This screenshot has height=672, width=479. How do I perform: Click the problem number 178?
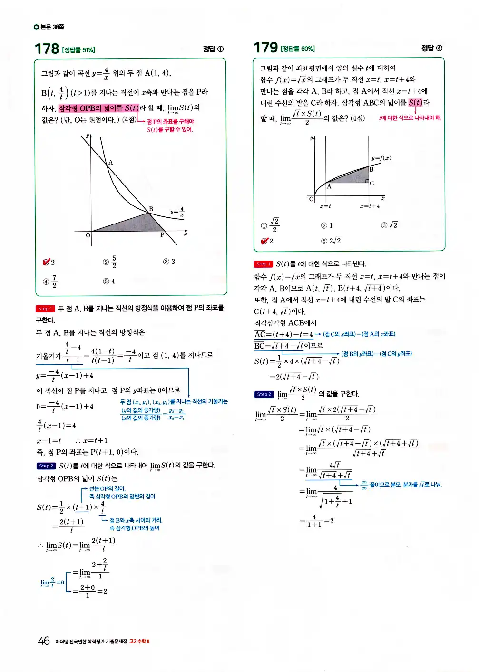[47, 49]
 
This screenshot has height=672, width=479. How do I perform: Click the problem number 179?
[265, 48]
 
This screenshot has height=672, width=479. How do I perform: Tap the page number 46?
[44, 641]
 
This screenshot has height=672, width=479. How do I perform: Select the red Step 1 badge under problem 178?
[45, 309]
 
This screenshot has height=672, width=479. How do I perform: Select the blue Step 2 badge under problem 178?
[46, 466]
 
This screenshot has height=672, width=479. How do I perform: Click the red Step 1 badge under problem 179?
[263, 264]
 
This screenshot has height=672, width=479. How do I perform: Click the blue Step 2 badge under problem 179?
[264, 394]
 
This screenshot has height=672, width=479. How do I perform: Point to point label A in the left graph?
[110, 163]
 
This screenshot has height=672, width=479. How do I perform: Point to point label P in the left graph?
[162, 235]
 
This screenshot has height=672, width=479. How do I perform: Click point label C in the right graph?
[371, 183]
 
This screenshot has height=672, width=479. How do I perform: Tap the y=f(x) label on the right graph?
[381, 158]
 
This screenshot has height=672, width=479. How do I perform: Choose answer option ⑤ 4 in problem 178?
[109, 281]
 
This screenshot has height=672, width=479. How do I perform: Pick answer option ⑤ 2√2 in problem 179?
[331, 241]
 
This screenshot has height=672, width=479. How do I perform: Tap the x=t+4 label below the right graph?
[370, 206]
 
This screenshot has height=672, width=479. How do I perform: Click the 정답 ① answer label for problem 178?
[213, 49]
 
